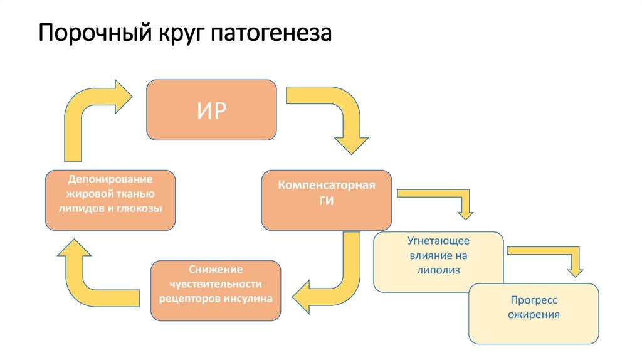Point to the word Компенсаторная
(327, 186)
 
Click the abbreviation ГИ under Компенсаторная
(327, 202)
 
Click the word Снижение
(216, 270)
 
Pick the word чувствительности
(216, 284)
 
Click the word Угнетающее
(438, 241)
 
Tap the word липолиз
(438, 270)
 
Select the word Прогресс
(534, 301)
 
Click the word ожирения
(534, 315)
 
